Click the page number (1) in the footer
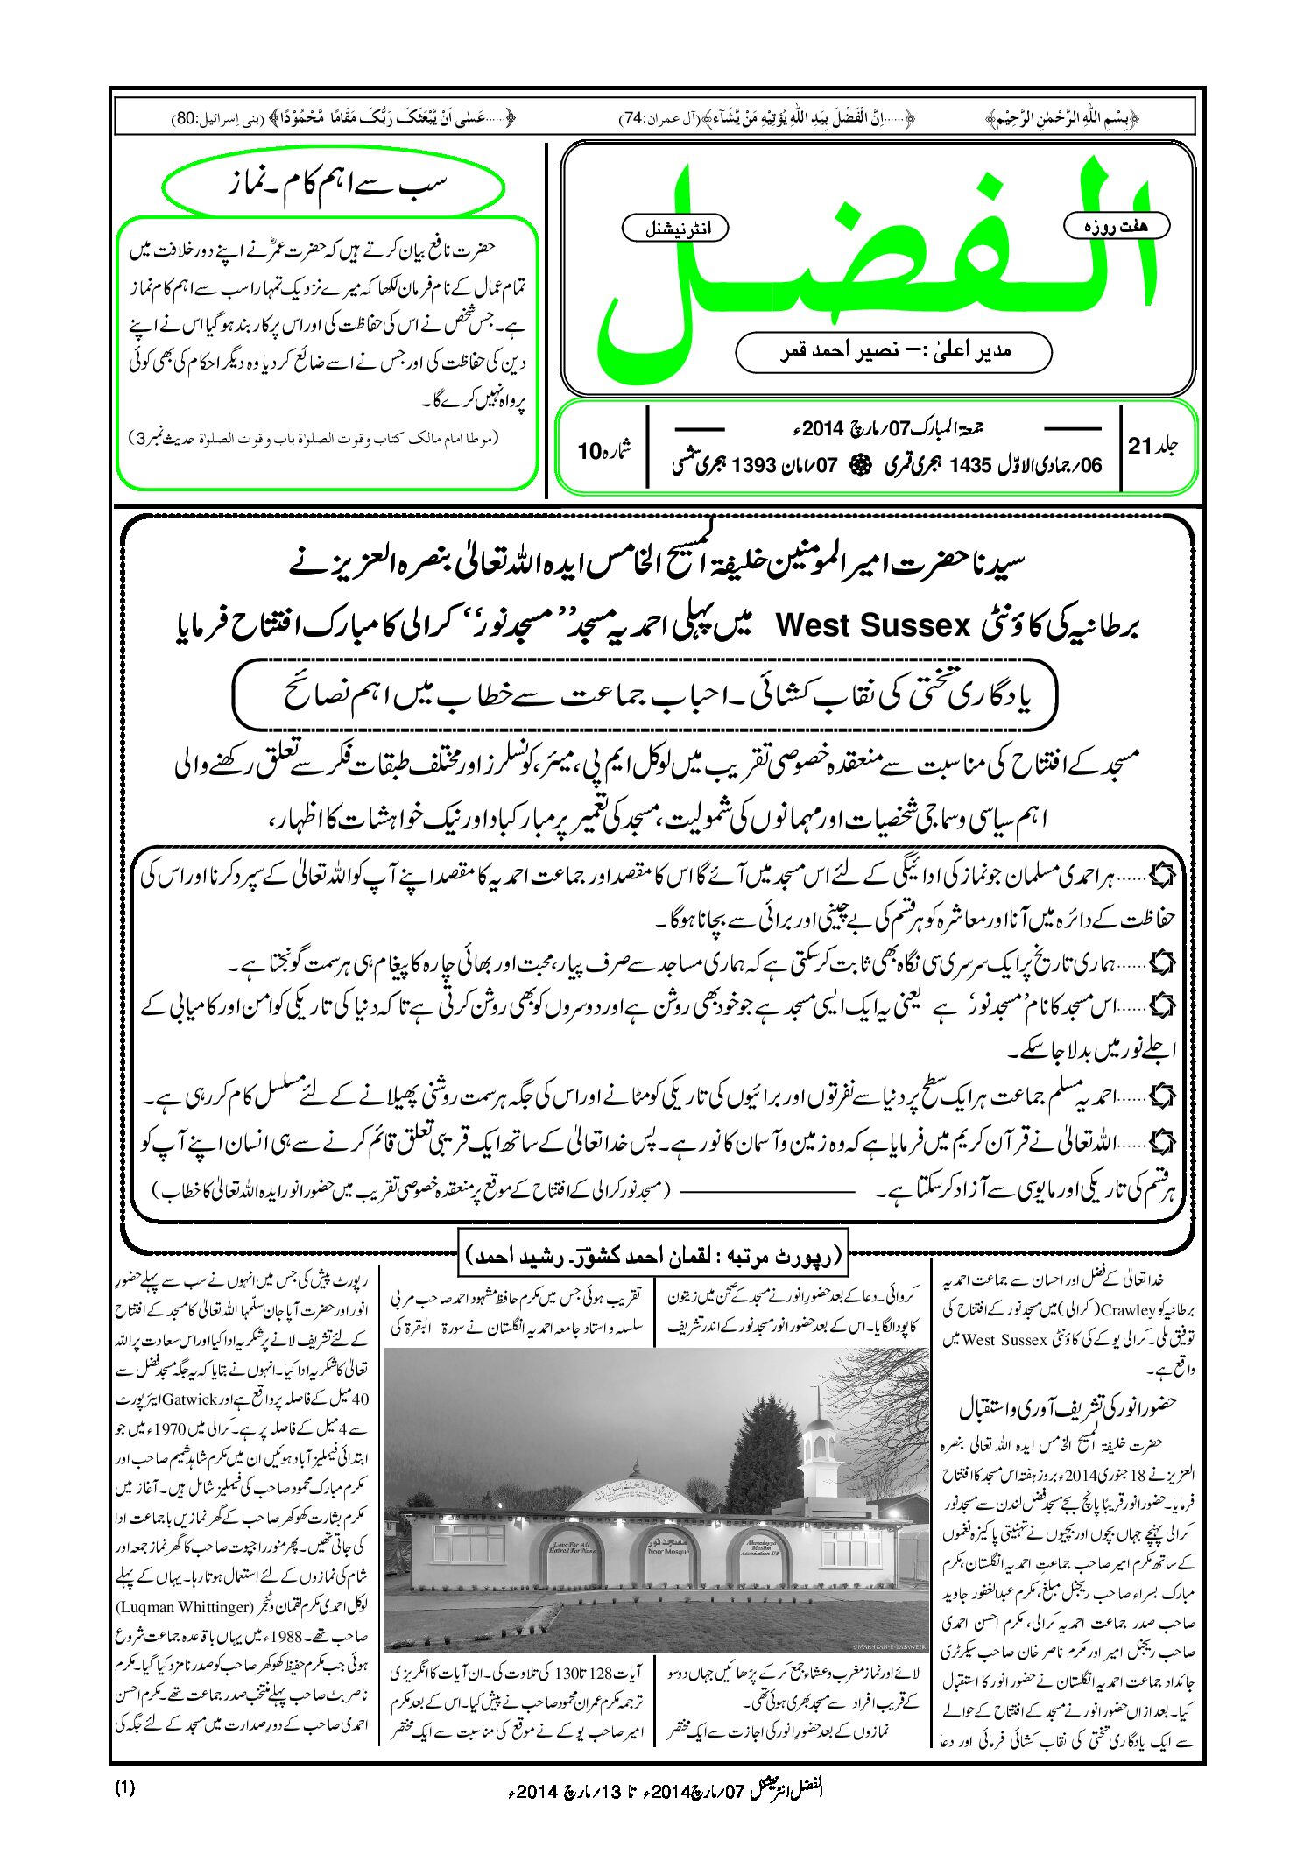point(124,1787)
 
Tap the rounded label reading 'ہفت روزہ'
point(1116,226)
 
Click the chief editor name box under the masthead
point(893,351)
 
